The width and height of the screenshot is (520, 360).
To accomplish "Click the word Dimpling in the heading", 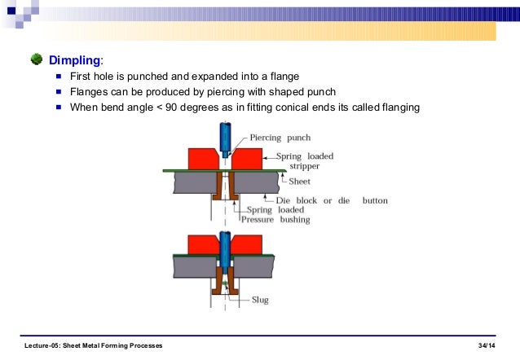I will point(75,60).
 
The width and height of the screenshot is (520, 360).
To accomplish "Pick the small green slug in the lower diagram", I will point(223,283).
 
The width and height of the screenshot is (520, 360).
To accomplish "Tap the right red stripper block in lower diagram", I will point(247,243).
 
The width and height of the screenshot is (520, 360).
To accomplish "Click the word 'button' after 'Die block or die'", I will point(371,200).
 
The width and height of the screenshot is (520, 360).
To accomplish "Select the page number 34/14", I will point(487,346).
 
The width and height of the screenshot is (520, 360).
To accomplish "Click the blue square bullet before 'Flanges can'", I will point(59,91).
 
